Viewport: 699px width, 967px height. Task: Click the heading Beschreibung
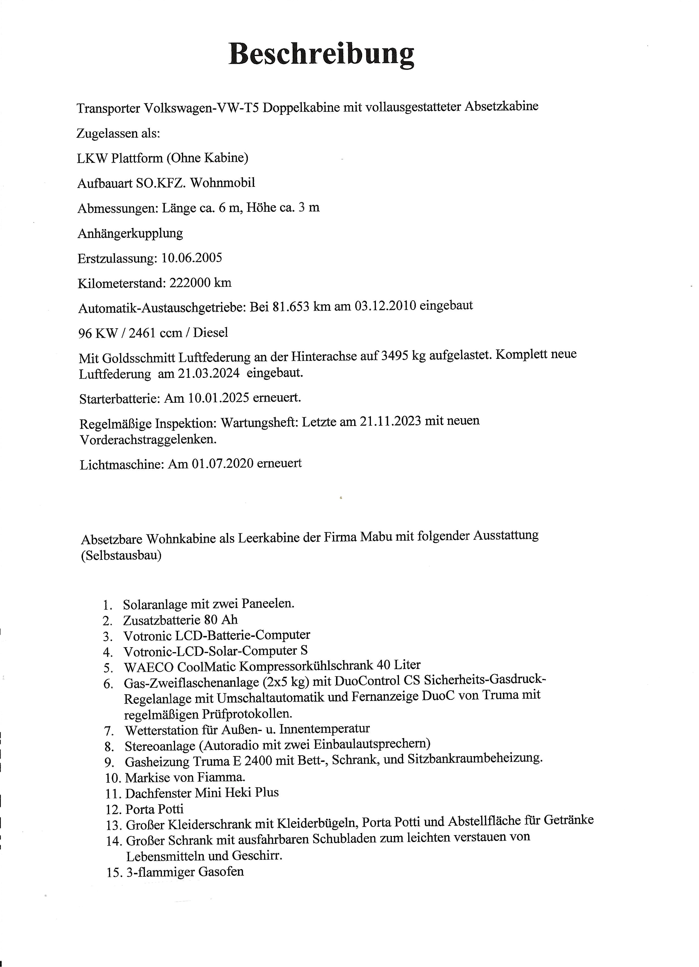tap(321, 55)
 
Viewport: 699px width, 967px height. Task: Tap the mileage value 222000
tap(190, 283)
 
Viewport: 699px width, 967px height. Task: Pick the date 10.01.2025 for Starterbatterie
tap(218, 398)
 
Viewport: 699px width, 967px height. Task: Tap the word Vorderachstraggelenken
tap(148, 440)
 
